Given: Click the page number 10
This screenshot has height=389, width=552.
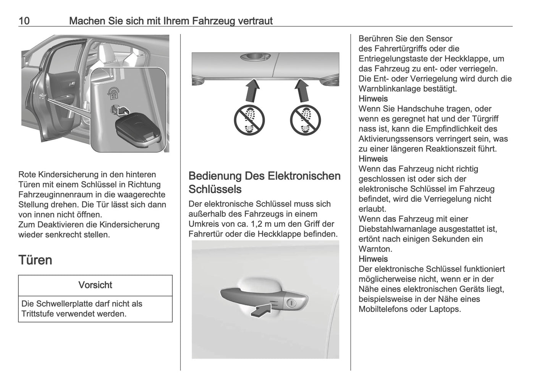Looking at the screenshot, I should (x=24, y=21).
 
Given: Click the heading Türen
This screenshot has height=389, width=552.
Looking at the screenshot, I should (x=35, y=260).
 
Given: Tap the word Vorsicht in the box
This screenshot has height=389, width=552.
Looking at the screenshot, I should (x=95, y=285).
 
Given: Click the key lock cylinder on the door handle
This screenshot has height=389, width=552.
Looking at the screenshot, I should (x=291, y=303).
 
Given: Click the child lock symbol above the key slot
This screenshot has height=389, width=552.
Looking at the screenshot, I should (x=113, y=92).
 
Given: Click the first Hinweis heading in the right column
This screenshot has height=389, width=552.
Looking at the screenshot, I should (x=373, y=99).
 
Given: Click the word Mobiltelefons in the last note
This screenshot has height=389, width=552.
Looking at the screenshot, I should (x=384, y=309).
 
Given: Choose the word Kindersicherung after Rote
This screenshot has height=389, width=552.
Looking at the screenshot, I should (x=71, y=175).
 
